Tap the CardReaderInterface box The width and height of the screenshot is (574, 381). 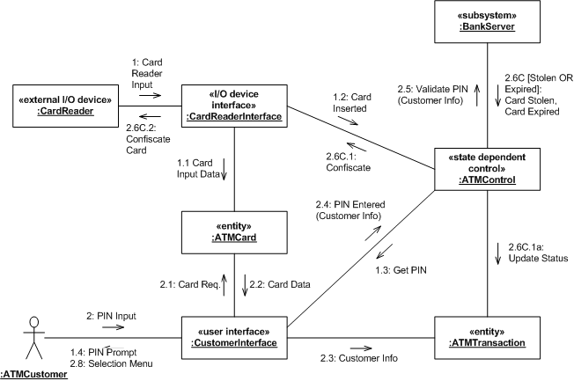tap(233, 106)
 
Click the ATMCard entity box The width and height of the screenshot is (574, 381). tap(233, 231)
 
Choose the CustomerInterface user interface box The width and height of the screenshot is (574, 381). tap(234, 337)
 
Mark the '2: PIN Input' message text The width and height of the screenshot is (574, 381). tap(111, 315)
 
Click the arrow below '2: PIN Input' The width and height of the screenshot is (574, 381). tap(113, 326)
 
